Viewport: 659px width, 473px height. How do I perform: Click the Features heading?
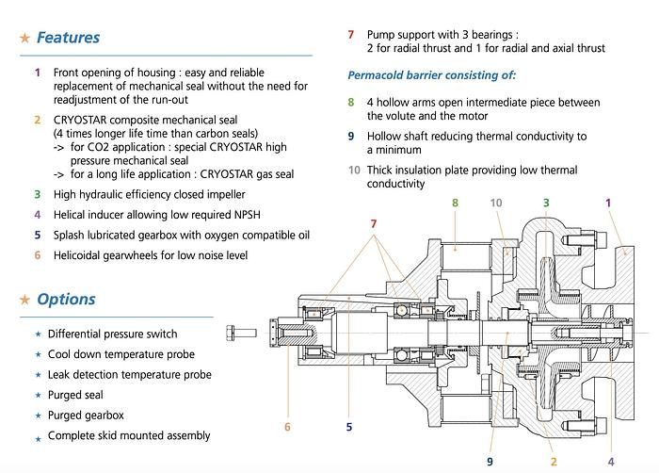point(68,39)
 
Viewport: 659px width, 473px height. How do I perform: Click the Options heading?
point(66,300)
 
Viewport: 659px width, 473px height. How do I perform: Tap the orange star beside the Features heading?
point(24,39)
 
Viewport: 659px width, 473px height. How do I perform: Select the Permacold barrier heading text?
point(431,74)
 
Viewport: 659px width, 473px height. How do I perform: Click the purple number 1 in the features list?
point(37,73)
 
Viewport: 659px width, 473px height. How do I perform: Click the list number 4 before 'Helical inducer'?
point(37,215)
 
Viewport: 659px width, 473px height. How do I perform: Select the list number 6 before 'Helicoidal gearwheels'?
point(37,255)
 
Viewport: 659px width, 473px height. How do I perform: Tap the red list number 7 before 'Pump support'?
point(350,34)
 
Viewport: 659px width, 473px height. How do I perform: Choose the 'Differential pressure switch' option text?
point(112,334)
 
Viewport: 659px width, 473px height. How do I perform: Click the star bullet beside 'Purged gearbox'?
point(38,416)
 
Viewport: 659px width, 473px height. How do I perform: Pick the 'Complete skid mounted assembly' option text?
point(129,435)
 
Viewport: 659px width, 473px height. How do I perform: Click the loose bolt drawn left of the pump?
point(241,333)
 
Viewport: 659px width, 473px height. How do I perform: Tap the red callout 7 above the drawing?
point(375,222)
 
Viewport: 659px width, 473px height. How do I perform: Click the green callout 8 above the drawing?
point(455,202)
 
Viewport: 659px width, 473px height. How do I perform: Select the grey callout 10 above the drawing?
point(496,202)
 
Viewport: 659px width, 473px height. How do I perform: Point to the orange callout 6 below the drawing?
point(287,426)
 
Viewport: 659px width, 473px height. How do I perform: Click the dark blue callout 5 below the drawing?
point(348,426)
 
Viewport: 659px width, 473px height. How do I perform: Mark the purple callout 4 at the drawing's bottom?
point(611,461)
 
